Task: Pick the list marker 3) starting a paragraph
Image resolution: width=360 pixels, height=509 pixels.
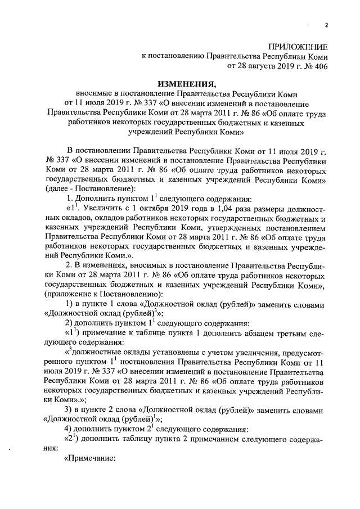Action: tap(70, 408)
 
